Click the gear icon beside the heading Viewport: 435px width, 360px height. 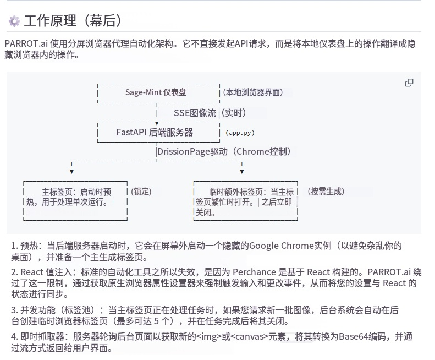14,21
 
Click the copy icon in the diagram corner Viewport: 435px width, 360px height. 409,83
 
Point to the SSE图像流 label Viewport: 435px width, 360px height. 195,113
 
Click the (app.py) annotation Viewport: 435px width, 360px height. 240,133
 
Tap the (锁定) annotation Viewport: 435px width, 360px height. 141,192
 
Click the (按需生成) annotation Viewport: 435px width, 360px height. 326,192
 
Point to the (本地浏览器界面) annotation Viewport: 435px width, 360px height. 253,92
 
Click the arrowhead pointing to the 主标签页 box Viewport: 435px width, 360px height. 72,172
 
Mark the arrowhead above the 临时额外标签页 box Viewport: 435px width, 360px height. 242,172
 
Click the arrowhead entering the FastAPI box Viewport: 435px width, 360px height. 157,123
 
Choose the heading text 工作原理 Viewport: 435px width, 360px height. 50,21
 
